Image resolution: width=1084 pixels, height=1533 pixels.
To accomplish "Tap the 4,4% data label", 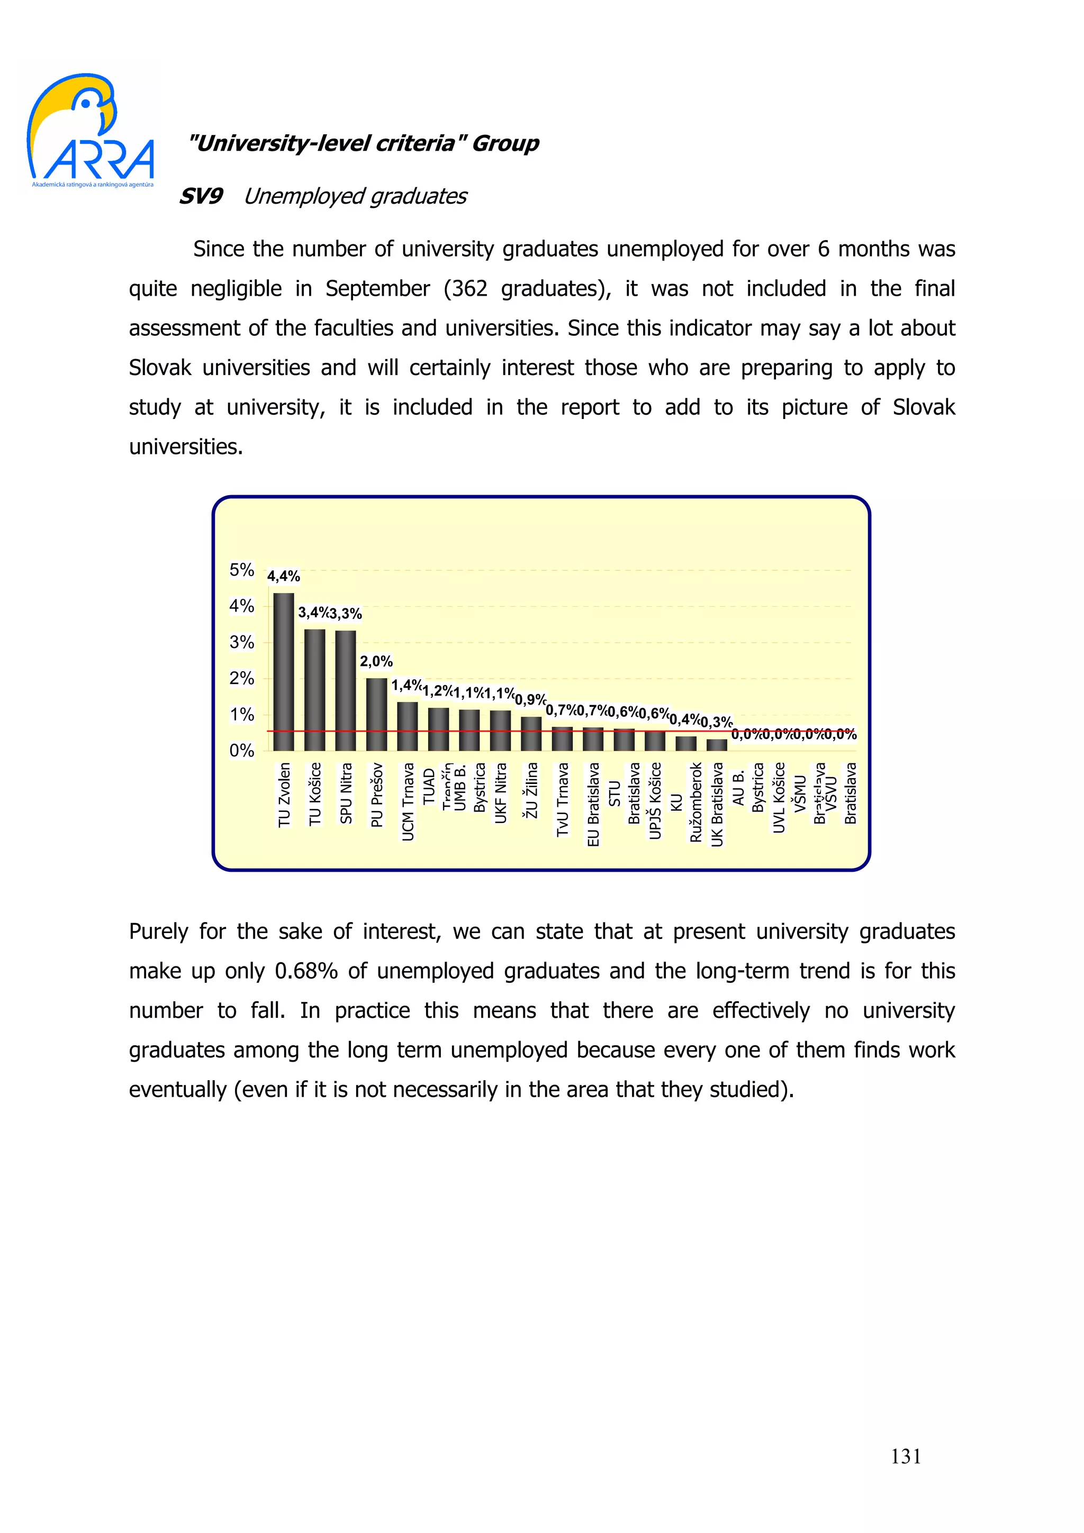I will (283, 576).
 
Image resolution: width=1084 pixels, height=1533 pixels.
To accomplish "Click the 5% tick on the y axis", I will (241, 570).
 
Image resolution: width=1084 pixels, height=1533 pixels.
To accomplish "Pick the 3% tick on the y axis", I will (241, 642).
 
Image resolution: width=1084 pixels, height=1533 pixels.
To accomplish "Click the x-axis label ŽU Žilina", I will (531, 790).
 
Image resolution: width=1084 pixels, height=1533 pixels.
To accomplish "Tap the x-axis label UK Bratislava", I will (717, 804).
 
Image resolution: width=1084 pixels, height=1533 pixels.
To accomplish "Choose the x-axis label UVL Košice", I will (779, 797).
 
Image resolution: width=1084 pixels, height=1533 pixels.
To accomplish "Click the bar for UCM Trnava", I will (408, 726).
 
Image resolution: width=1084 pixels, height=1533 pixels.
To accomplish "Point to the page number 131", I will (906, 1456).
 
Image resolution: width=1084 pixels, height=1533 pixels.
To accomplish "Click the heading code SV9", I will (201, 196).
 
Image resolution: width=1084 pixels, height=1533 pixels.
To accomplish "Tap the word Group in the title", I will (505, 143).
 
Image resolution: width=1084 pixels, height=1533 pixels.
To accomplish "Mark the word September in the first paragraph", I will (377, 288).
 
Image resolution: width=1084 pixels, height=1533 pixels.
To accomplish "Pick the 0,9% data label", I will (530, 700).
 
